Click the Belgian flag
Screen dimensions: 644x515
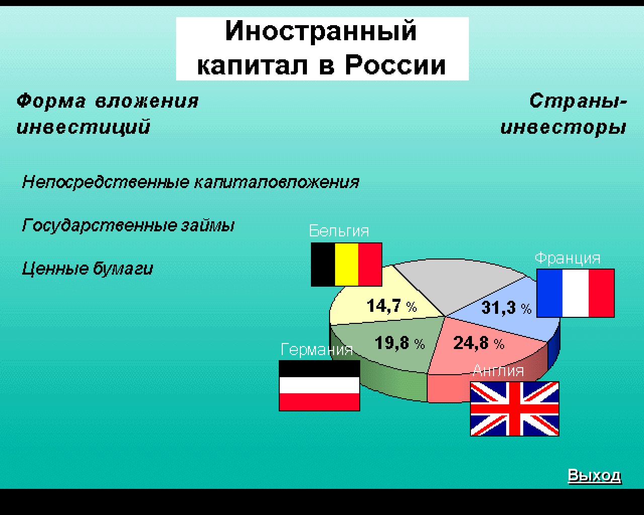pos(346,265)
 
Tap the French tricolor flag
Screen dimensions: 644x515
pos(576,293)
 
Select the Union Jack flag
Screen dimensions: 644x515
pos(514,409)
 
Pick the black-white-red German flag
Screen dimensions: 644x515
pos(319,385)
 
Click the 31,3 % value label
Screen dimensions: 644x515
pos(506,308)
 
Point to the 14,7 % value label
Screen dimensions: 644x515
pos(392,306)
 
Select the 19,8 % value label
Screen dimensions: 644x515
pos(400,342)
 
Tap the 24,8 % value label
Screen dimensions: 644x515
pos(479,342)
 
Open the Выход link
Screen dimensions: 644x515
pos(594,475)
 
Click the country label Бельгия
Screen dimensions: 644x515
pos(339,231)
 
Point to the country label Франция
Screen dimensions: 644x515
pos(568,257)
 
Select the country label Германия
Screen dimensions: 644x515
pos(316,349)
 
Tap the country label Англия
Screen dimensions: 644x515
pos(498,371)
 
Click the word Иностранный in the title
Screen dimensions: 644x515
pos(321,31)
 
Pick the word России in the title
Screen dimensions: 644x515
pos(395,65)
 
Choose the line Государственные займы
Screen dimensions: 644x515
pos(128,225)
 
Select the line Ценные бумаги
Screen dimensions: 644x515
pos(88,269)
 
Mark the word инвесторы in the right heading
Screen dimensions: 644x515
pos(563,127)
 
